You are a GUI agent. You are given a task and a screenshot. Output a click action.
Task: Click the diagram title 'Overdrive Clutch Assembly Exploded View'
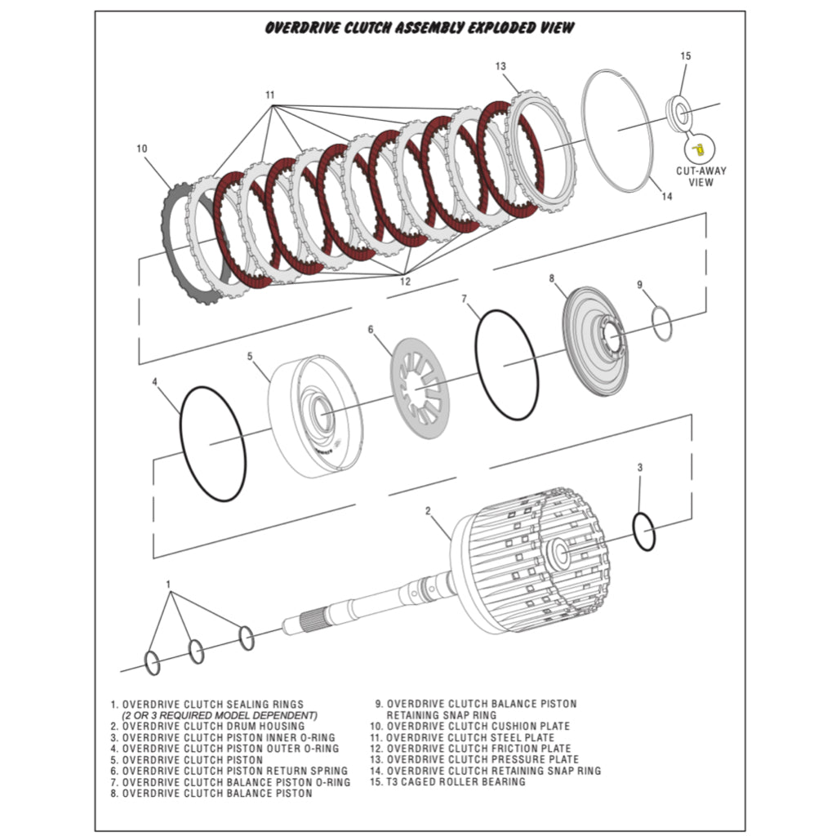point(420,29)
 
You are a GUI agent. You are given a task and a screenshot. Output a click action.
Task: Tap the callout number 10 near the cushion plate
point(142,149)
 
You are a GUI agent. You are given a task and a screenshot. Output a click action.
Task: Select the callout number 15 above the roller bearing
point(685,56)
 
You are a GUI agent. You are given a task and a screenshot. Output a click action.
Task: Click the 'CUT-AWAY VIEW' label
point(700,176)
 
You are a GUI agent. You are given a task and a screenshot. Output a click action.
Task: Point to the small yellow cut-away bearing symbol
point(698,149)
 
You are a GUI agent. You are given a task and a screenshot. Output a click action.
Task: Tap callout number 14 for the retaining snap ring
point(667,196)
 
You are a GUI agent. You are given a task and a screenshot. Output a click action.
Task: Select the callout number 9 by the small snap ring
point(640,285)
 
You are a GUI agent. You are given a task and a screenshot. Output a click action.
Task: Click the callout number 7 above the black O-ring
point(464,300)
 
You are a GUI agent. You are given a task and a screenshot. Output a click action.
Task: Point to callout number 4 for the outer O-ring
point(155,381)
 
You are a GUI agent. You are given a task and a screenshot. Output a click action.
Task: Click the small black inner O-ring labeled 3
point(644,532)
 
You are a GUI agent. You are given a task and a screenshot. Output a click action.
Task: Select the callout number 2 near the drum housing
point(427,511)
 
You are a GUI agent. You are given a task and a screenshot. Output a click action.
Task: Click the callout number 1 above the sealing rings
point(168,585)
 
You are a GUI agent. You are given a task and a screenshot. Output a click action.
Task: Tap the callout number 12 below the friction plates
point(405,282)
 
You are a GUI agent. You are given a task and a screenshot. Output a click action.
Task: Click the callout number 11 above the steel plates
point(270,96)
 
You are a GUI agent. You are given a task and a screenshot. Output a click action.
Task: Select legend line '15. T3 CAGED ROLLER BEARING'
point(446,782)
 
